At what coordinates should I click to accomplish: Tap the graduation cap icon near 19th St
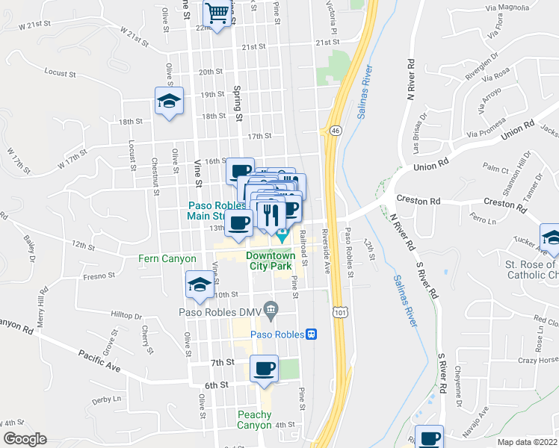170,101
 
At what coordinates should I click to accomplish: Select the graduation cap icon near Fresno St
200,284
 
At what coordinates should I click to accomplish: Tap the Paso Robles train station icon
311,334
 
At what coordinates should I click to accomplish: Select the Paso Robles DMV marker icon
271,307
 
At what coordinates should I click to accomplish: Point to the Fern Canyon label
167,259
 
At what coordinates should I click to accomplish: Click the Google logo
25,439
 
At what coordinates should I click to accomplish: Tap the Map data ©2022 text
527,442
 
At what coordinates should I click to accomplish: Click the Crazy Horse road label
538,360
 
